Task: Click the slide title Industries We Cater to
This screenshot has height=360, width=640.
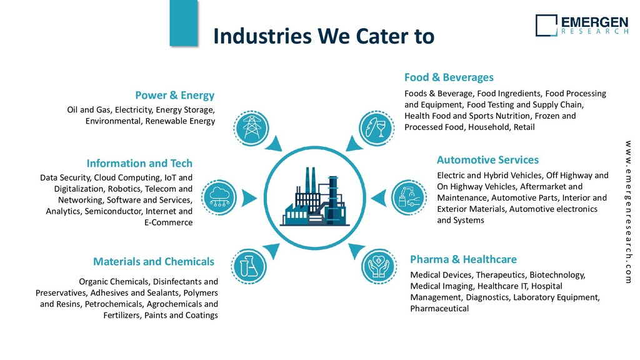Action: pyautogui.click(x=322, y=36)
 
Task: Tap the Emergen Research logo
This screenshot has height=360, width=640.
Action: pyautogui.click(x=581, y=25)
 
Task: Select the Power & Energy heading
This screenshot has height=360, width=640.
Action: pyautogui.click(x=174, y=96)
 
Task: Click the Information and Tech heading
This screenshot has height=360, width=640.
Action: pyautogui.click(x=139, y=164)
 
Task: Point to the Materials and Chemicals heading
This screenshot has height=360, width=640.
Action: pyautogui.click(x=153, y=262)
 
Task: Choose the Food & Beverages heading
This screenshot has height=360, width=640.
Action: pyautogui.click(x=449, y=77)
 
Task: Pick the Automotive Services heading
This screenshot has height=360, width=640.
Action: pyautogui.click(x=487, y=160)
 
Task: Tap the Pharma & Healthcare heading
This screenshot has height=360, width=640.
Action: pyautogui.click(x=463, y=259)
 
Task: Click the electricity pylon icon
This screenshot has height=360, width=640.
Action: pyautogui.click(x=252, y=128)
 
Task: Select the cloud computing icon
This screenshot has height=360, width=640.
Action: pyautogui.click(x=218, y=195)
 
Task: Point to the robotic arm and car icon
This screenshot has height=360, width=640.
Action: pyautogui.click(x=407, y=195)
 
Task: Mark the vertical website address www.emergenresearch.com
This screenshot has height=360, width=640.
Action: pyautogui.click(x=627, y=212)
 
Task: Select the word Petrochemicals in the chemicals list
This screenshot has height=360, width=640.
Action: pyautogui.click(x=117, y=304)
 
